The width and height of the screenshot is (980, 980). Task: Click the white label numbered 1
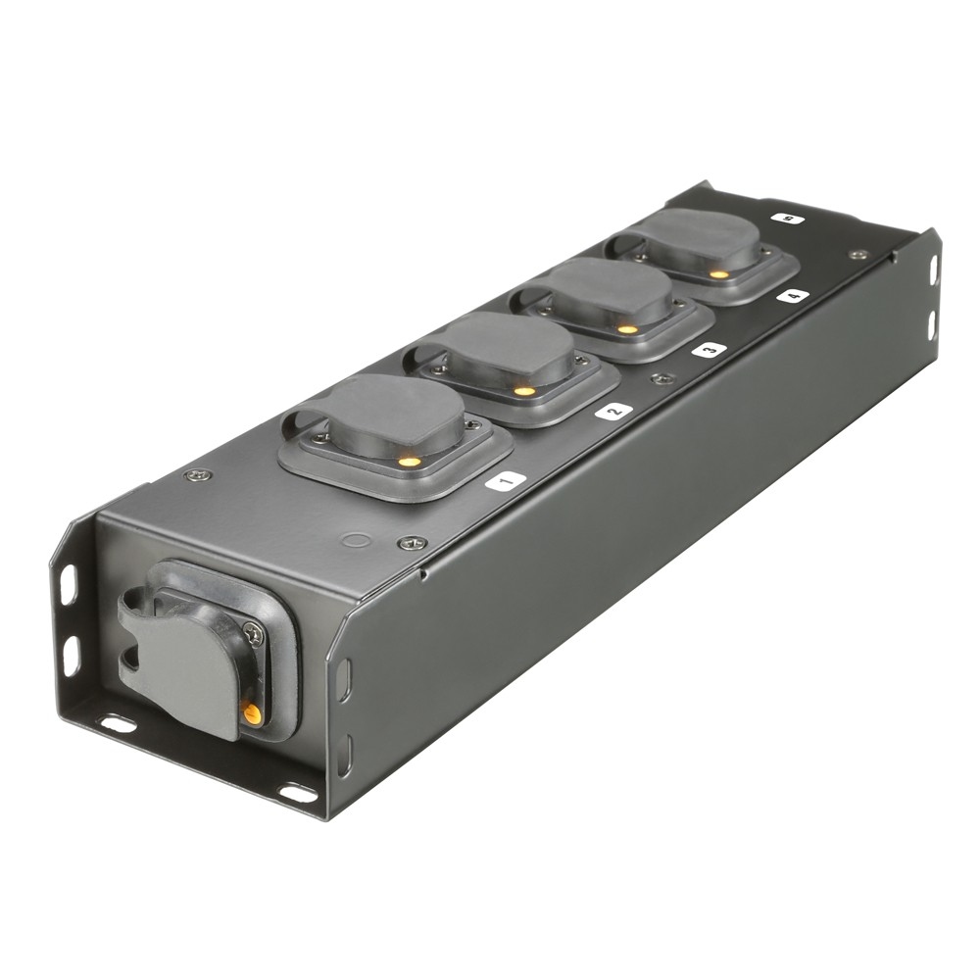(x=506, y=480)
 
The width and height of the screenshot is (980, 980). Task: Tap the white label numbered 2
(x=613, y=411)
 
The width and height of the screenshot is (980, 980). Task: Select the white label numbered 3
(x=709, y=349)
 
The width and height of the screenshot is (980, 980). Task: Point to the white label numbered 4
(x=793, y=294)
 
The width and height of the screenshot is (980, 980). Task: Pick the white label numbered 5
(x=787, y=219)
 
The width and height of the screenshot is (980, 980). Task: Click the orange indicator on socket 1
(x=410, y=461)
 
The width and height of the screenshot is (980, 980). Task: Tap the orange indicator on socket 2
(x=524, y=391)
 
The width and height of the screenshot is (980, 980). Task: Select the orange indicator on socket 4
(x=719, y=274)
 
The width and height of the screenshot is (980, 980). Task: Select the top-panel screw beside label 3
(x=663, y=378)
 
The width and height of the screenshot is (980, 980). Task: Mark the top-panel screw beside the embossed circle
(x=411, y=542)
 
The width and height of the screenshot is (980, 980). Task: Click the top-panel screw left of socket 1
(x=199, y=474)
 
